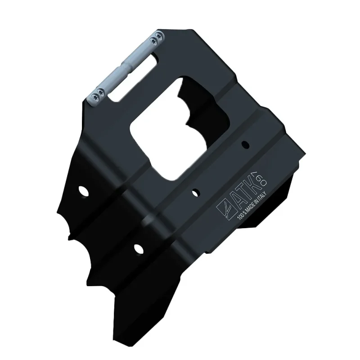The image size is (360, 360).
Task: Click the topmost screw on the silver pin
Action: click(159, 36)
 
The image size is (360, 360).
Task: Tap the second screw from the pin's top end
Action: click(153, 41)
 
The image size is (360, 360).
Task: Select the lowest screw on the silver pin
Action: click(94, 97)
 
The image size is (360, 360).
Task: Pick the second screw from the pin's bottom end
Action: click(100, 92)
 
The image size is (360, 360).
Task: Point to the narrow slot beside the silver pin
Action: click(133, 77)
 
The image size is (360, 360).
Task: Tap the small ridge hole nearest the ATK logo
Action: click(195, 193)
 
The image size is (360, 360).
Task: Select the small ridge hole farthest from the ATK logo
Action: click(245, 144)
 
